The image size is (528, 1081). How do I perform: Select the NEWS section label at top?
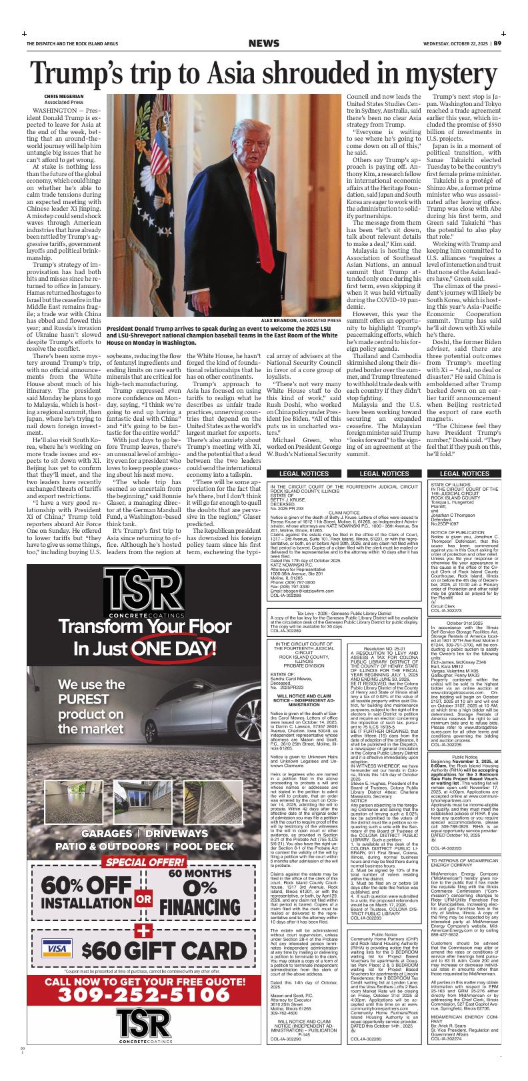point(263,44)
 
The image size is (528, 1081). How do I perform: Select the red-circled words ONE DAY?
point(169,648)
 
